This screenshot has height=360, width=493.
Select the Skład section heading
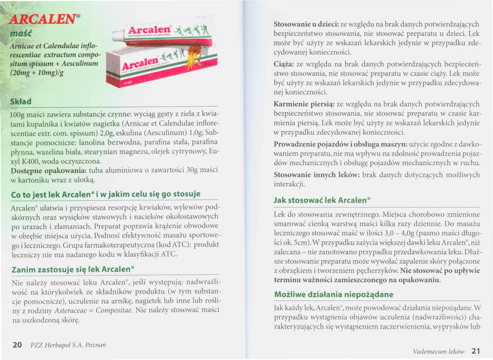(x=21, y=102)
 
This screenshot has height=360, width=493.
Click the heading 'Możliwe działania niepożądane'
(x=333, y=294)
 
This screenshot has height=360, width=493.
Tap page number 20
(x=17, y=345)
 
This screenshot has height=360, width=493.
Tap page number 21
(x=476, y=350)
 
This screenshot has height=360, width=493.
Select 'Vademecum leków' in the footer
(x=439, y=351)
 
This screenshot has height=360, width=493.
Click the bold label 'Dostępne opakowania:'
(x=48, y=170)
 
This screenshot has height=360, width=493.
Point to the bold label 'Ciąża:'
(x=284, y=64)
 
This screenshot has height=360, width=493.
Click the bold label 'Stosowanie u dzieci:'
(x=306, y=24)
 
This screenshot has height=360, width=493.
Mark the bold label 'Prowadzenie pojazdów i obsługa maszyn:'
(x=340, y=144)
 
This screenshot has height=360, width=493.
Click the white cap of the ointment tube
(x=117, y=36)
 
